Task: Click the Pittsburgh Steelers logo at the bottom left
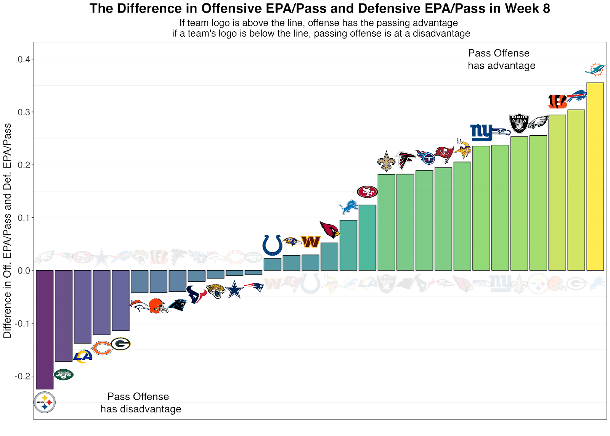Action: [45, 402]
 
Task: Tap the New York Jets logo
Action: [63, 375]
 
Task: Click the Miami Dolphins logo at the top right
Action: [595, 69]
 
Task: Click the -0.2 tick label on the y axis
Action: [22, 376]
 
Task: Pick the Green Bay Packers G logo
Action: [121, 344]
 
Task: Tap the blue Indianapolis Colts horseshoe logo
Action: [272, 245]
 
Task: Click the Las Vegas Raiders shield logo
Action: [519, 123]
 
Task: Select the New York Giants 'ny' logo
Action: [482, 132]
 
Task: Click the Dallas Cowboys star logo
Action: [234, 290]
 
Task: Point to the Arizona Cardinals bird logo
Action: [330, 229]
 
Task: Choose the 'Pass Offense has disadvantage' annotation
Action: [141, 403]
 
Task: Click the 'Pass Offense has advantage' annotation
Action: [501, 60]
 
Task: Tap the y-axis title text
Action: [7, 231]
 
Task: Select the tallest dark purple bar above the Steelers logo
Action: [45, 330]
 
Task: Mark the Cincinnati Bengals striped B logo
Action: [557, 101]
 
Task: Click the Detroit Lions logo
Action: [348, 207]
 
